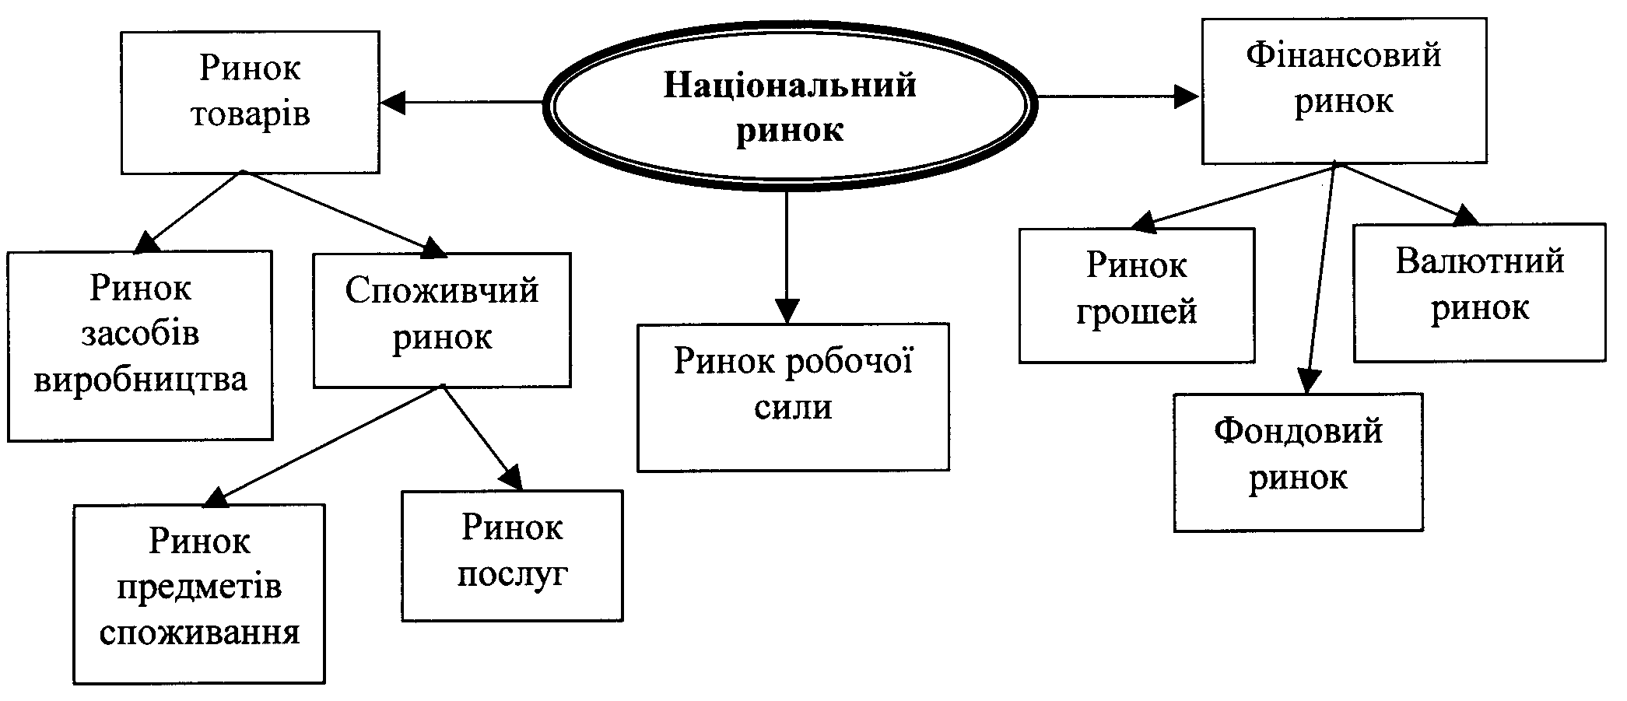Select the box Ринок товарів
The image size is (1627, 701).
point(250,102)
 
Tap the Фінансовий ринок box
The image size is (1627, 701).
point(1344,91)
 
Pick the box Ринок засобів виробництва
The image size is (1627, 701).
point(140,345)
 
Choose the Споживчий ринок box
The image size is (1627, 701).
point(441,320)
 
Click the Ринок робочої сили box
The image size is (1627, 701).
point(793,397)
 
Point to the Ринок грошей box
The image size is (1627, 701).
point(1136,296)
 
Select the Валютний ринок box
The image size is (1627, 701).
point(1479,293)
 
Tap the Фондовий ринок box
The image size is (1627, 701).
point(1298,462)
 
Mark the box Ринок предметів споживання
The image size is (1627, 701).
point(199,594)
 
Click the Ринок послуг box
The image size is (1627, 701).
point(512,555)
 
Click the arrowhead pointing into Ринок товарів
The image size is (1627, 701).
point(394,102)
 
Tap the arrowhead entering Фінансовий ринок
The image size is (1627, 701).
point(1185,96)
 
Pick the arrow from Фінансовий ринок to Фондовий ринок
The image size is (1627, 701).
point(1321,280)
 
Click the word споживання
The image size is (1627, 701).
point(199,633)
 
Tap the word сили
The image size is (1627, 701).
point(793,407)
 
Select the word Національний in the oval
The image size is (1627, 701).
point(790,85)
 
